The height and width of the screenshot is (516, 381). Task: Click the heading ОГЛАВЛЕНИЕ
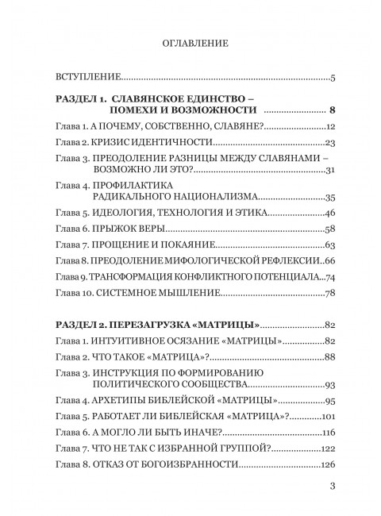pos(190,44)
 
